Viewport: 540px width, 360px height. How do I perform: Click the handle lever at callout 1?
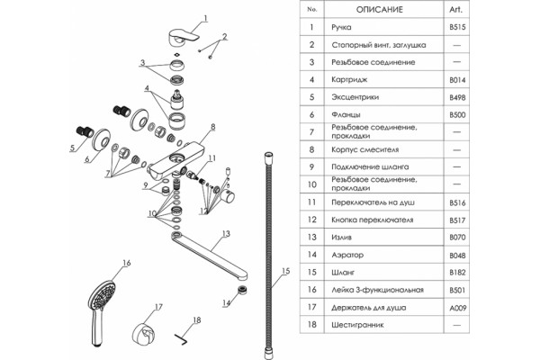184,36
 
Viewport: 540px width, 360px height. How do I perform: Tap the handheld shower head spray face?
102,294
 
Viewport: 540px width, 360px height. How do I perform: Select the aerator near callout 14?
242,290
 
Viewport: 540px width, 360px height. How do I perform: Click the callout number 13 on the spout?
226,234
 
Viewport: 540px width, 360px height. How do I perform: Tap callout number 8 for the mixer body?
212,127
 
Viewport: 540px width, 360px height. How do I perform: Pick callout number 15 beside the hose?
285,271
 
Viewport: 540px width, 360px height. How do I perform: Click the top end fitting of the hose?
268,156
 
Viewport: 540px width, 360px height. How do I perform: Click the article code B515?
457,27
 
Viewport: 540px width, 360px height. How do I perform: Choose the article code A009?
458,308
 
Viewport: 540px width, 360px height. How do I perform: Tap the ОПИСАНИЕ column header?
379,10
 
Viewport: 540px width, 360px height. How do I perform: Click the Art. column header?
455,10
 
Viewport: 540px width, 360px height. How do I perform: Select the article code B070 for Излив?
457,238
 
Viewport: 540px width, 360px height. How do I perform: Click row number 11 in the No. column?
312,202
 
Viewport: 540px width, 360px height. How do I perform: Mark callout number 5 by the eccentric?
72,148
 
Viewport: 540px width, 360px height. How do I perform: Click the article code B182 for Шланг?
457,273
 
